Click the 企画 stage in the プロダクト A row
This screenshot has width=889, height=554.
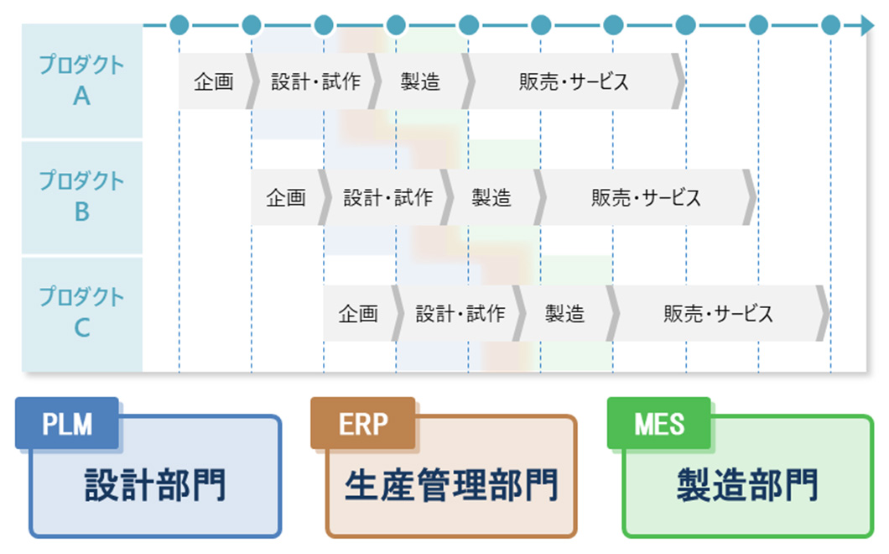[x=214, y=81]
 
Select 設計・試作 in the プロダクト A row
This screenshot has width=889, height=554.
[x=315, y=81]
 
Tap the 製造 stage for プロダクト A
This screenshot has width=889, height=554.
[x=420, y=81]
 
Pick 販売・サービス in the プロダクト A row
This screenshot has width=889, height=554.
[x=574, y=81]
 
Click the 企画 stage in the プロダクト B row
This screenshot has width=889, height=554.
[x=286, y=197]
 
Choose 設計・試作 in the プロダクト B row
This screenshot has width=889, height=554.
[x=387, y=197]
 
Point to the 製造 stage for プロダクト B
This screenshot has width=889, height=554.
[x=491, y=197]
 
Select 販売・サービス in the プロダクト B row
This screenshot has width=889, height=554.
[x=646, y=197]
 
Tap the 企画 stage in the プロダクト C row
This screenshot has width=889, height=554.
[x=358, y=313]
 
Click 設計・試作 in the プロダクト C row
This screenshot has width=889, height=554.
[x=460, y=313]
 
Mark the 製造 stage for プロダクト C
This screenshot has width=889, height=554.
[x=564, y=313]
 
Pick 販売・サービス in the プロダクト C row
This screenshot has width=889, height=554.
[x=718, y=313]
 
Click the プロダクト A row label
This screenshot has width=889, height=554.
[x=81, y=81]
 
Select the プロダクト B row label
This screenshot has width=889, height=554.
[x=81, y=196]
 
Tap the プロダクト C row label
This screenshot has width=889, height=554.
[x=81, y=312]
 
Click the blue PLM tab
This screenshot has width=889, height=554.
[x=67, y=424]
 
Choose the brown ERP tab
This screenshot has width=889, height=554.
[x=363, y=424]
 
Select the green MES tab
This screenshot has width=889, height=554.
[x=659, y=424]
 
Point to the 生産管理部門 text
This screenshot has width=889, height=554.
[x=451, y=486]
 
